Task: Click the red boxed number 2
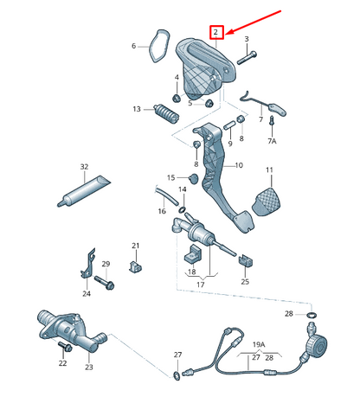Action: (x=217, y=33)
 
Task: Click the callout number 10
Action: (x=239, y=165)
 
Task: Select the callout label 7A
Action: (x=271, y=140)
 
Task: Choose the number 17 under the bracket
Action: (x=200, y=285)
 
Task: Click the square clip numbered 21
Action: (x=136, y=265)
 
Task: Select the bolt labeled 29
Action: (x=109, y=281)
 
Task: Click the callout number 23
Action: (x=88, y=368)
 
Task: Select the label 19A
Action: (x=258, y=344)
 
